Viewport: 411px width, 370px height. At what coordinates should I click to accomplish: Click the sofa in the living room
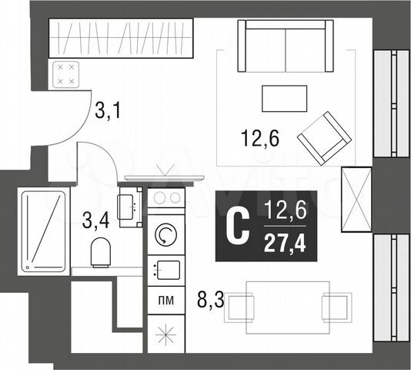click(285, 46)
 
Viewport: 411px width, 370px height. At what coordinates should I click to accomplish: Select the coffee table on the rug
click(285, 98)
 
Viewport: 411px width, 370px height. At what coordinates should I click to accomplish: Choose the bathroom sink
click(129, 206)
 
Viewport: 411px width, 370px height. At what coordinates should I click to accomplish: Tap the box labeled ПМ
click(165, 298)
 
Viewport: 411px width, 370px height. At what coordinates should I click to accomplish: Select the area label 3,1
click(108, 114)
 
